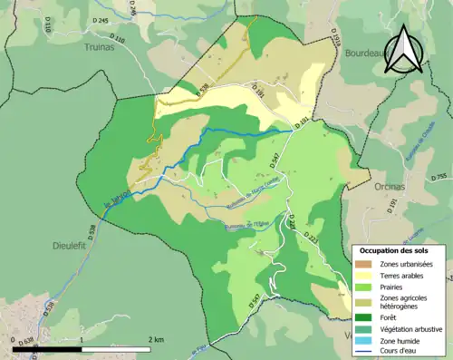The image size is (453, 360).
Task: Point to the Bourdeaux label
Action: tap(363, 54)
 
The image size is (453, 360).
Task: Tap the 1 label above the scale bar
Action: tap(82, 338)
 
